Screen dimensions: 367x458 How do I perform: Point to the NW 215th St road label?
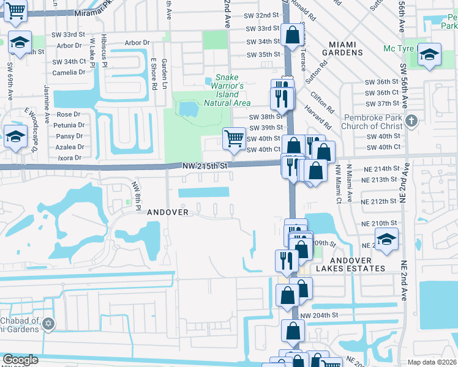(205, 166)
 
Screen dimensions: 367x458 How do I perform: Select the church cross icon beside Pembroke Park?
(411, 120)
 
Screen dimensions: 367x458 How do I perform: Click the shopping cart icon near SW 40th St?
(234, 138)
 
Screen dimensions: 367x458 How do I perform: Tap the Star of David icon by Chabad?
(50, 323)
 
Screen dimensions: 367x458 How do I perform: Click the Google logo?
(20, 360)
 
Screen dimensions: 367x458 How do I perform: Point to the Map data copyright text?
(432, 362)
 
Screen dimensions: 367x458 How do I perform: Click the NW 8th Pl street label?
(136, 193)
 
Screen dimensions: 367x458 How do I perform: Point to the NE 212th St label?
(380, 201)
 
